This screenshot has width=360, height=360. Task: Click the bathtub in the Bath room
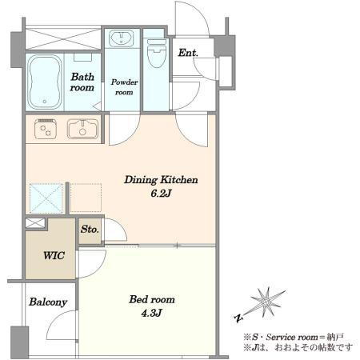pos(44,82)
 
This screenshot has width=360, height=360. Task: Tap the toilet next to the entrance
pos(157,54)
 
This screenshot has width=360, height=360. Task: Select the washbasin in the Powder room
pos(121,39)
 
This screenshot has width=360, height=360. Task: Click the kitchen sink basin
pos(82,129)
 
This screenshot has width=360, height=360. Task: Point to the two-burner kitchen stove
pos(46,129)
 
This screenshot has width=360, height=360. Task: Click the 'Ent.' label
pos(188,53)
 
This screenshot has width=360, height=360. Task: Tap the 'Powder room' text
pos(124,87)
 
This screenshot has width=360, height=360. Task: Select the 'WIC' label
pos(54,255)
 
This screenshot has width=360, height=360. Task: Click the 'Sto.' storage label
pos(90,229)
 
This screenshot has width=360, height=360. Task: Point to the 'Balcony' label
pos(48,302)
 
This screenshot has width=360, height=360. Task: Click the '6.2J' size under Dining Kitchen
pos(161,194)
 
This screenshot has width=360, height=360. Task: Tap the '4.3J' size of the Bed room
pos(151,313)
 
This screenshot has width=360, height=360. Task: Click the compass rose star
pos(266,302)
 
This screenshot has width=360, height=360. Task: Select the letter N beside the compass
pos(238,318)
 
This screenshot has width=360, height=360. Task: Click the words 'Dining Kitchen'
pos(161,180)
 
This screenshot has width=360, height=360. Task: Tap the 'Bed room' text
pos(152,299)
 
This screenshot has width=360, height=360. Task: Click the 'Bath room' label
pos(82,82)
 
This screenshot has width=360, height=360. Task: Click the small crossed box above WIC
pos(35,223)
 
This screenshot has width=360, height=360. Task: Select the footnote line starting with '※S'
pos(294,337)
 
